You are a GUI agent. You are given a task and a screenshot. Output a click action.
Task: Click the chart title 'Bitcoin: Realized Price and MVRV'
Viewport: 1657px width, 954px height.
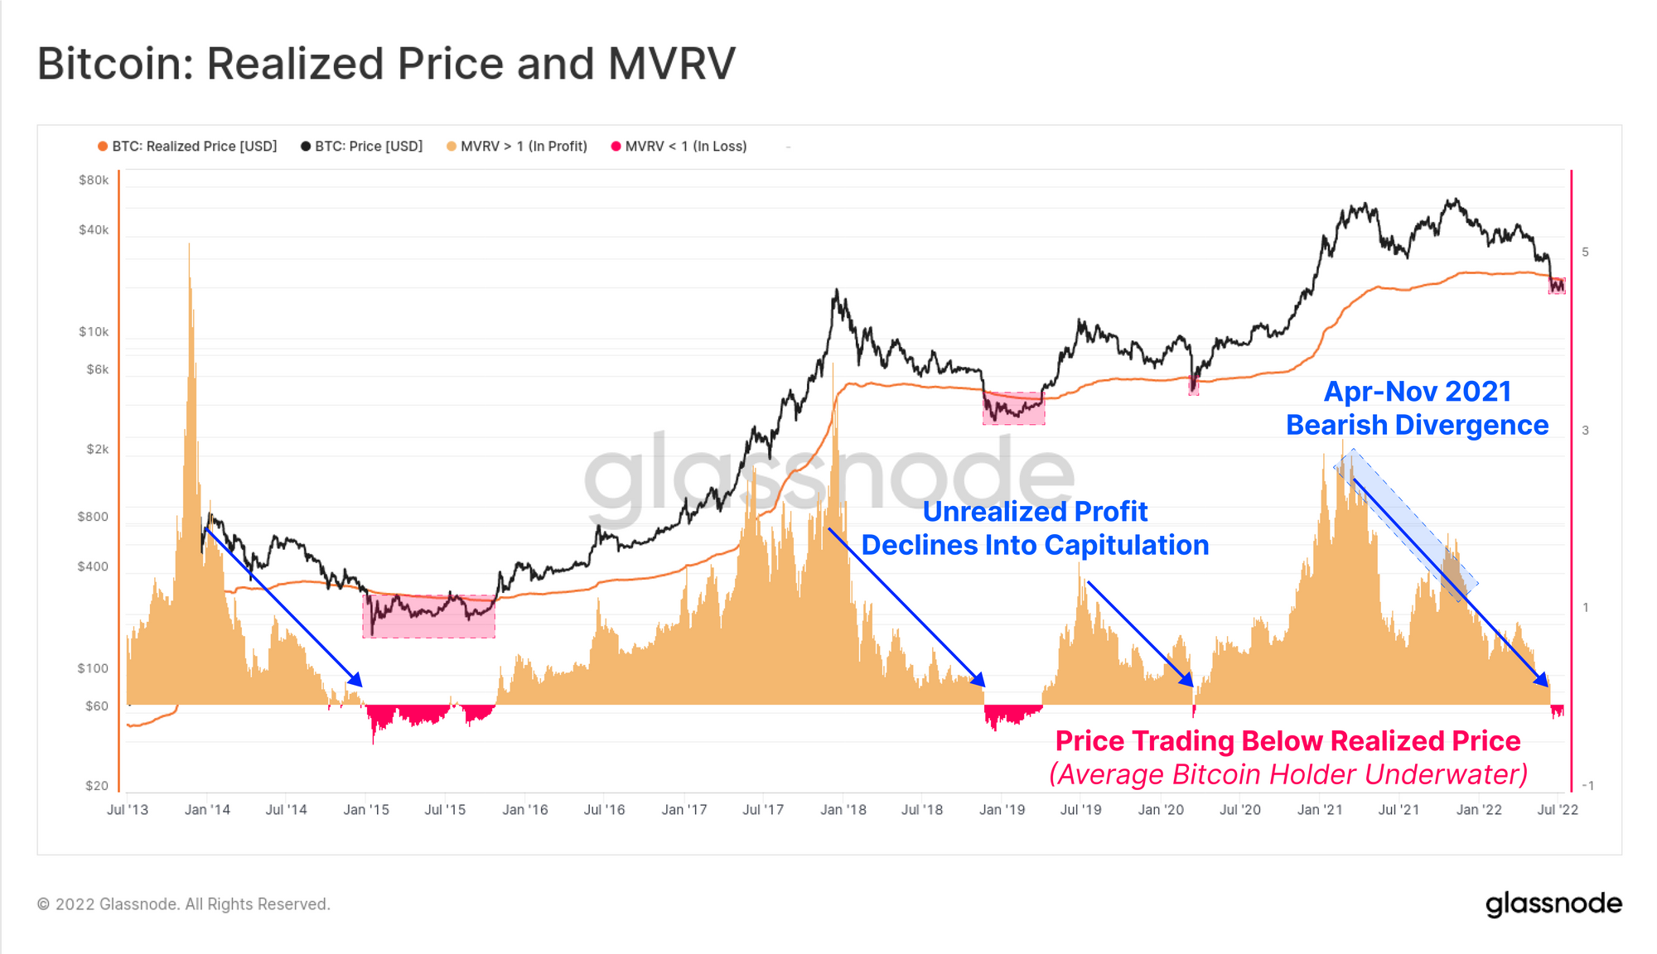386,64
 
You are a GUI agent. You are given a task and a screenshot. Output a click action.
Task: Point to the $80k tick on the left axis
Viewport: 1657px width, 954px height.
94,180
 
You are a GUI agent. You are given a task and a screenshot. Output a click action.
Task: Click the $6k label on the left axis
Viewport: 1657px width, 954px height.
97,369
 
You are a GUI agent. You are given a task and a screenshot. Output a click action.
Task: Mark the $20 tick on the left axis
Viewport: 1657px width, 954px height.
96,785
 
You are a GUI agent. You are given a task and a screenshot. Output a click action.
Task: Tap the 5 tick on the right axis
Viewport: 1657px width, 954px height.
1585,252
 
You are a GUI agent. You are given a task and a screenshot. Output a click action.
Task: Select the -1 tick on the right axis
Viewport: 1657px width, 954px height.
1587,785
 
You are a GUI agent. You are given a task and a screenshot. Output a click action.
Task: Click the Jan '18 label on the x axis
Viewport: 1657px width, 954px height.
843,810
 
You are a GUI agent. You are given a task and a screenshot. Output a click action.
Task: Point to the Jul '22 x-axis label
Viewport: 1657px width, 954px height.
1558,810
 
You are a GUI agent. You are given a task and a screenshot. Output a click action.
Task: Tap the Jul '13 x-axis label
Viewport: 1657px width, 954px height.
128,810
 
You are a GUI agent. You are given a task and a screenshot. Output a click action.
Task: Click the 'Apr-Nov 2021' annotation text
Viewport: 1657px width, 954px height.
1417,391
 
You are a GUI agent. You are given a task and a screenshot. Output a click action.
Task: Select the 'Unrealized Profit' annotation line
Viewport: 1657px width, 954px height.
1035,512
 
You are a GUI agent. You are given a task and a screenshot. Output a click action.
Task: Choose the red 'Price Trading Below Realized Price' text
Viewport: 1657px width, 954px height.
1287,740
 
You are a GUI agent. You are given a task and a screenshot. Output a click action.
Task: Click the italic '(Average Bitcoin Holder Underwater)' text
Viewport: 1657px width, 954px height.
1287,774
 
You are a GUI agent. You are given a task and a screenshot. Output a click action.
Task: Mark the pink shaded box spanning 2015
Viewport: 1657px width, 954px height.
428,616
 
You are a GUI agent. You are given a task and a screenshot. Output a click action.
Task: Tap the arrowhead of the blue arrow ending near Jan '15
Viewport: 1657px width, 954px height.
357,681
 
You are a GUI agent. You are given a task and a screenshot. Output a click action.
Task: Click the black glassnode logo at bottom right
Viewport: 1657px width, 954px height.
1553,903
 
